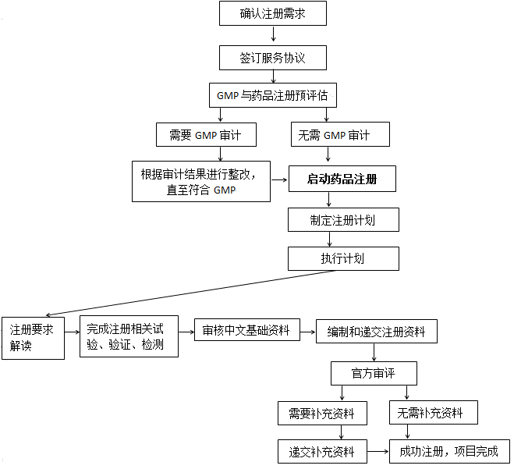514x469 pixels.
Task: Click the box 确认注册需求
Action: tap(272, 13)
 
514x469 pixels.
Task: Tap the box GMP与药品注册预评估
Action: tap(272, 96)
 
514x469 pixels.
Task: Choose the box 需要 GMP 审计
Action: tap(205, 135)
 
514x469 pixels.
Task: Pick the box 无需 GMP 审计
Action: tap(340, 135)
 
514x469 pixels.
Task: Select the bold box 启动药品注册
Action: tap(342, 179)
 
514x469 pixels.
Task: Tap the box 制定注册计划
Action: tap(343, 219)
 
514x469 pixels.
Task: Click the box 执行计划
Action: tap(343, 258)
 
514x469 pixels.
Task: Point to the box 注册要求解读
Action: tap(33, 337)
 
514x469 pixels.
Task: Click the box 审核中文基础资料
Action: tap(246, 331)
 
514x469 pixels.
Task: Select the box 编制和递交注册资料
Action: tap(376, 331)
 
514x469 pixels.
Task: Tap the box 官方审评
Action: tap(374, 373)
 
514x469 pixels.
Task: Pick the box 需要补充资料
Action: tap(321, 413)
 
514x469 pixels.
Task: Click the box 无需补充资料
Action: tap(433, 412)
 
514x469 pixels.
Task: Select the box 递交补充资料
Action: tap(321, 451)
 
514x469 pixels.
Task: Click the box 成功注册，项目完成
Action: tap(448, 451)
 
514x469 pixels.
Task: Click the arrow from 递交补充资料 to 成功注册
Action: tap(378, 451)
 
